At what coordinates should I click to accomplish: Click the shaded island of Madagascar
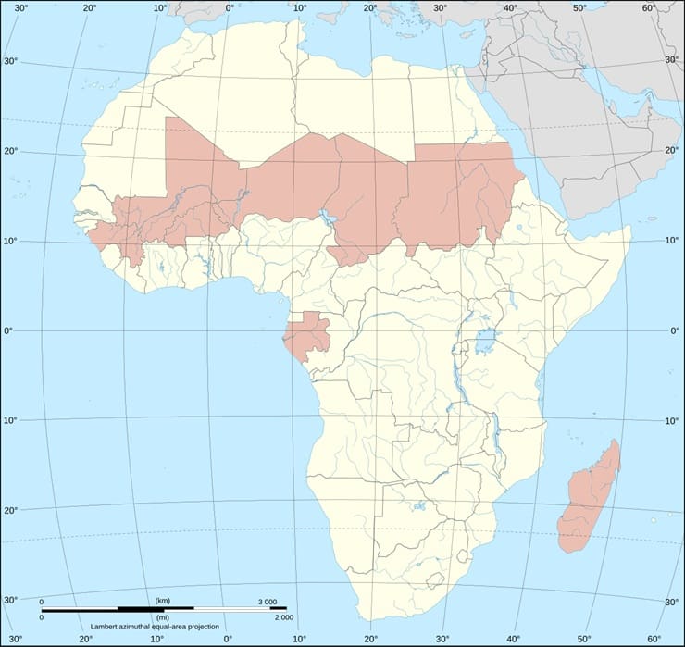pos(587,500)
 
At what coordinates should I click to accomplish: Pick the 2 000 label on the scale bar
pos(283,616)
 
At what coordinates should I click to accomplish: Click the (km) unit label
pos(162,602)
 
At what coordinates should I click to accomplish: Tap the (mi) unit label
pos(162,616)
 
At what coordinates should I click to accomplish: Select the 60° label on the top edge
pos(652,7)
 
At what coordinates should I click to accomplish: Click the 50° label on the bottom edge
pos(585,638)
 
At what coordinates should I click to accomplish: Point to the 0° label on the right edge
pos(673,331)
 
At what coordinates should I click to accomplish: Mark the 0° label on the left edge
pos(10,331)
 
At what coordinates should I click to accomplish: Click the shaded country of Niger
pos(296,180)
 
